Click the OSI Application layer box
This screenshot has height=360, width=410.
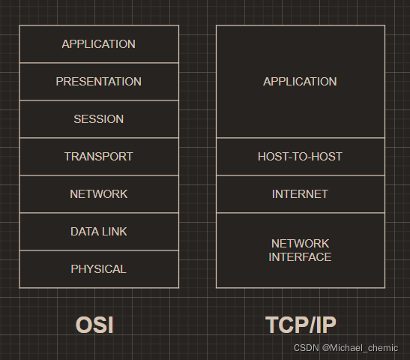tap(99, 44)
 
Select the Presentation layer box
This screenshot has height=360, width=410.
tap(99, 82)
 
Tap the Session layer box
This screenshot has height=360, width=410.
tap(99, 119)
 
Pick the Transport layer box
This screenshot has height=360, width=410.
tap(99, 157)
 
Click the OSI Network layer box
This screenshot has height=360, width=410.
tap(99, 194)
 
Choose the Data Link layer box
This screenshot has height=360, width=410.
tap(99, 232)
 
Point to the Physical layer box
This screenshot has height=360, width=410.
tap(99, 269)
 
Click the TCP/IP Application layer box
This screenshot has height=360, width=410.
tap(300, 82)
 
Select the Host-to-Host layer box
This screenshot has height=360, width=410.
tap(300, 157)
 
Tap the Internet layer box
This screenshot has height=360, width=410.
tap(300, 194)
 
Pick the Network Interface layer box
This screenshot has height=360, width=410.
tap(300, 250)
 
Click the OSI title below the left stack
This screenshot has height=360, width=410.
tap(94, 325)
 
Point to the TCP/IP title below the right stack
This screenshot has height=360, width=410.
tap(301, 325)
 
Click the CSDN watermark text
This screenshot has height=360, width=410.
tap(306, 348)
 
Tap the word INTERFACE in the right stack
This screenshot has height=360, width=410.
tap(300, 257)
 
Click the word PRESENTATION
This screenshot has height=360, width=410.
tap(99, 82)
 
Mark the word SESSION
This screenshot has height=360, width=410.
tap(99, 119)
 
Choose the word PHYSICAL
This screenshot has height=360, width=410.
tap(99, 269)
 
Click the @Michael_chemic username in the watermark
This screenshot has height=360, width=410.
tap(361, 348)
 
